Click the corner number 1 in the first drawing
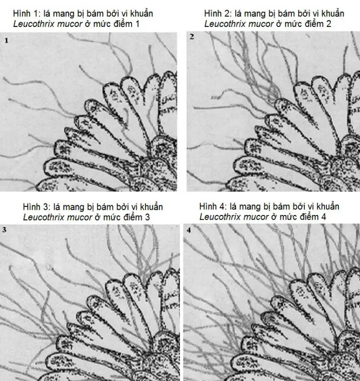click(x=7, y=41)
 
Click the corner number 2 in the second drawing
click(x=192, y=37)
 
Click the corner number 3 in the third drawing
click(x=4, y=230)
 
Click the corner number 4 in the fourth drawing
click(x=189, y=230)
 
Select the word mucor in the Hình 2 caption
click(x=261, y=24)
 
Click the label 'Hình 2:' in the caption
click(x=217, y=13)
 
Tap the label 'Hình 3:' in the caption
click(x=36, y=207)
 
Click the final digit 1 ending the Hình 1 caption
click(x=137, y=24)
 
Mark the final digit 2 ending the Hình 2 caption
click(x=329, y=24)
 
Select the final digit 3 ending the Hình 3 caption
click(x=147, y=217)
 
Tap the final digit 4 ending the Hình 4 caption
click(x=324, y=217)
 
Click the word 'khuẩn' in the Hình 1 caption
click(x=142, y=13)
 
